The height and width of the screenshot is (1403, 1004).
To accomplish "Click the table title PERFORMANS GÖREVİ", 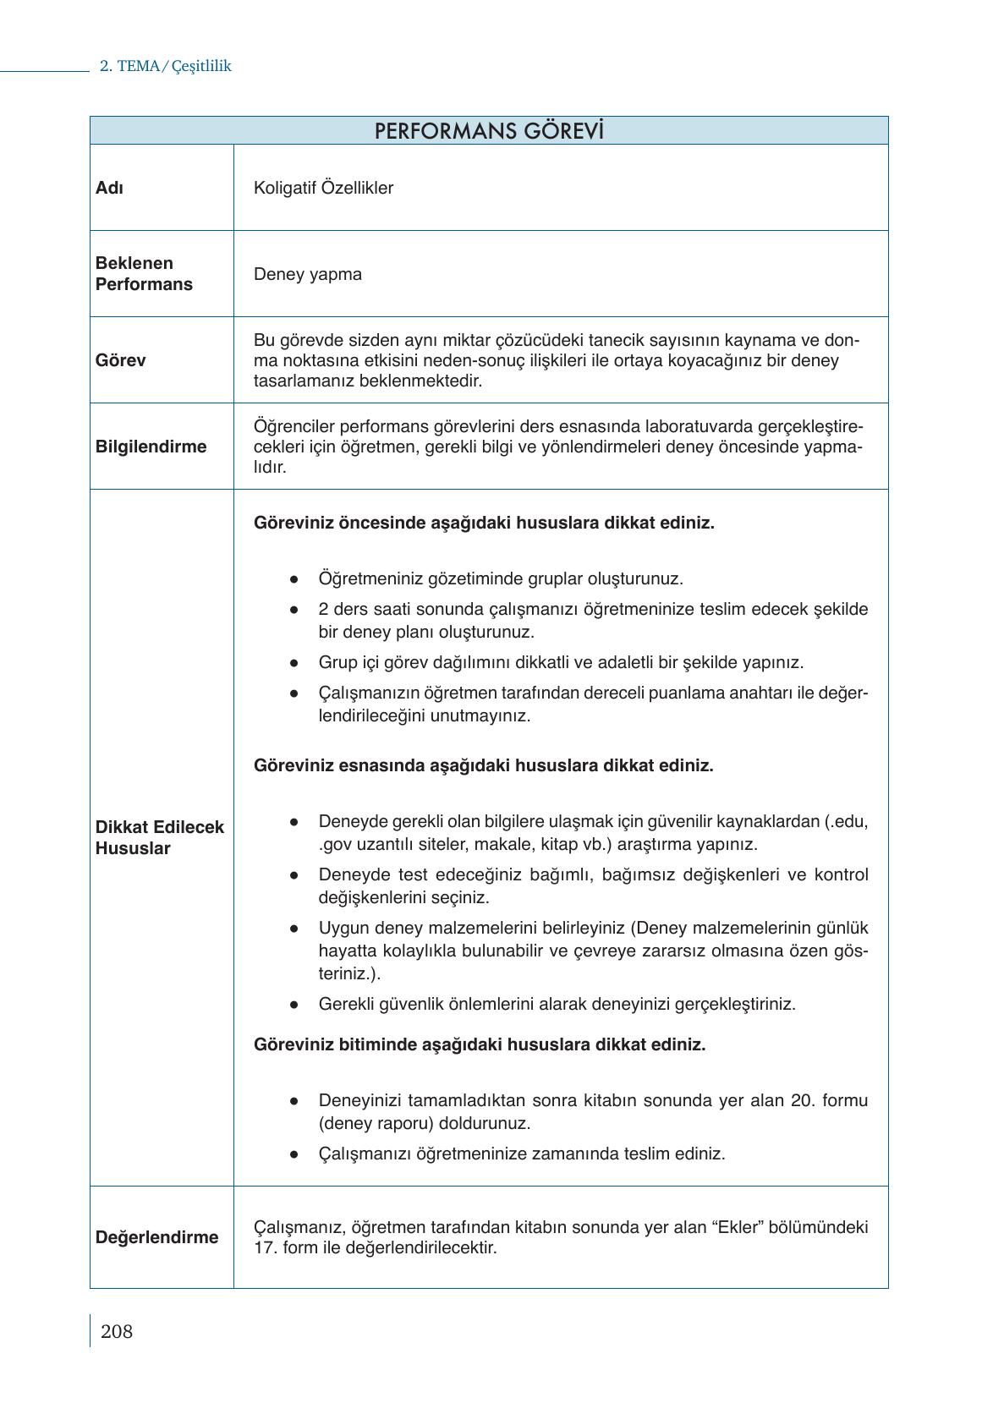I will point(489,131).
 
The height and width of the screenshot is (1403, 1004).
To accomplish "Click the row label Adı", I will point(109,188).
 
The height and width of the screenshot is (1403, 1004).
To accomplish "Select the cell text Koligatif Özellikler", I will point(323,188).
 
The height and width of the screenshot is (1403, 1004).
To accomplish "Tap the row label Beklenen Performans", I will point(144,274).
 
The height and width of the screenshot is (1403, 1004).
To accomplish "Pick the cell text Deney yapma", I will point(307,274).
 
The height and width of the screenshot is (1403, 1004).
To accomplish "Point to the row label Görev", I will point(120,360).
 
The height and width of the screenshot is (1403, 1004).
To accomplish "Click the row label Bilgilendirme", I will point(151,447).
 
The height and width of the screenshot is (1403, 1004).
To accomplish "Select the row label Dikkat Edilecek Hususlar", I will point(159,837).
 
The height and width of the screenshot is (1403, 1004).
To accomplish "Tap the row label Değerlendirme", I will point(156,1237).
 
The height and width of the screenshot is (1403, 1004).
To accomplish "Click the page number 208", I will point(117,1332).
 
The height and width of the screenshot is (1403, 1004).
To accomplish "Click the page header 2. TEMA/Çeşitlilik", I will point(166,66).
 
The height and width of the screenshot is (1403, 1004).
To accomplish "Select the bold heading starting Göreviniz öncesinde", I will point(484,523).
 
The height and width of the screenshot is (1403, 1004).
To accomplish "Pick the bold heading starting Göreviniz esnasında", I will point(483,765).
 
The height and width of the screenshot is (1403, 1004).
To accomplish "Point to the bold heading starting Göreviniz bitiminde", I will point(479,1044).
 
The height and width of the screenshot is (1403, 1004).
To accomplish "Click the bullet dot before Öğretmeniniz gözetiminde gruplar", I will point(294,579).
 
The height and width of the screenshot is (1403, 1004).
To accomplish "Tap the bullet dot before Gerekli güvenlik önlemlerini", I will point(294,1005).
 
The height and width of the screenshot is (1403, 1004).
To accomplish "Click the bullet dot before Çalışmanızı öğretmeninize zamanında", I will point(294,1154).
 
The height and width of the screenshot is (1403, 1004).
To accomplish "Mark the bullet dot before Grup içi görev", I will point(294,663).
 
